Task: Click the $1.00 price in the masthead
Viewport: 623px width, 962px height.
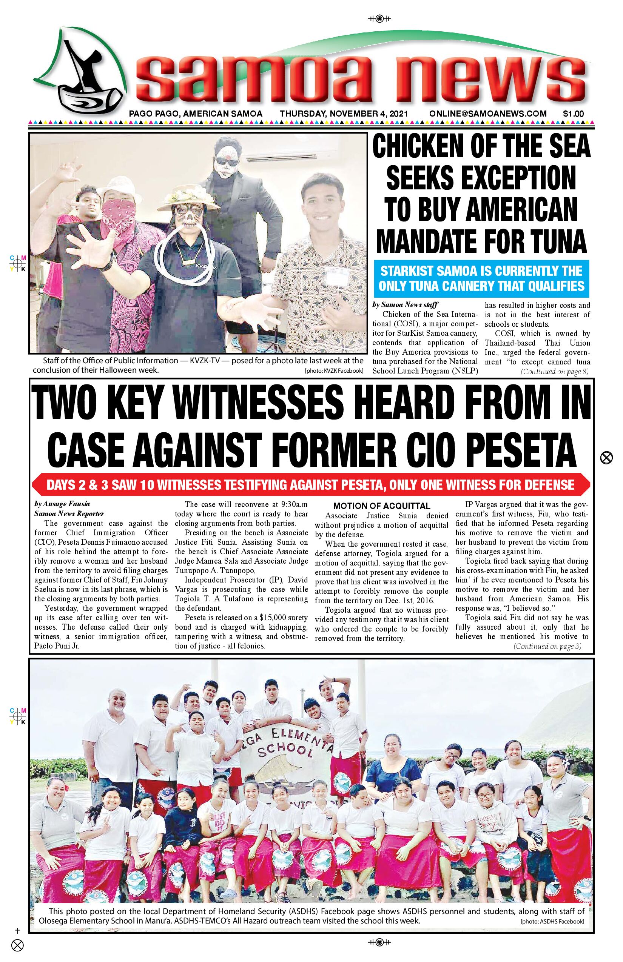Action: [573, 114]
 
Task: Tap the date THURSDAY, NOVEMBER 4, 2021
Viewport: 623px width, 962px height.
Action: [344, 114]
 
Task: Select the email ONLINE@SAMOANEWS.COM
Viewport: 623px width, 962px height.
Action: [488, 114]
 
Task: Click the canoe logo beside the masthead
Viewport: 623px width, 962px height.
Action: [81, 77]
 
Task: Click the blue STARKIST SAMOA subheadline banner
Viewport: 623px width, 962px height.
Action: [481, 278]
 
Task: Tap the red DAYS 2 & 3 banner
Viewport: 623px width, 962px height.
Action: [311, 485]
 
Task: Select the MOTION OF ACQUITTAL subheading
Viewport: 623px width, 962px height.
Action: [381, 506]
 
